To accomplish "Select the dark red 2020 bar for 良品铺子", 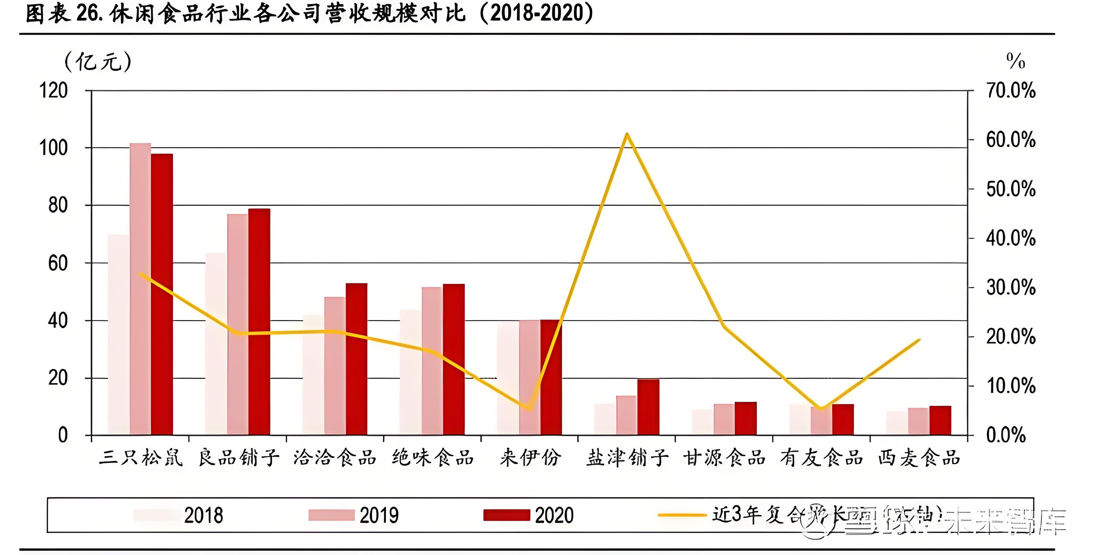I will coord(259,322).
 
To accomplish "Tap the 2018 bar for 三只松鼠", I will coord(118,335).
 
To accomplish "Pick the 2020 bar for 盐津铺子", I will coord(648,407).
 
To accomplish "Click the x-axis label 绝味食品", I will coord(433,458).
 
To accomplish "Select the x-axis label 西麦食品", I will coord(919,458).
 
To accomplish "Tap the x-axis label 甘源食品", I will coord(724,458).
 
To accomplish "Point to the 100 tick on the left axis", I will coord(53,148).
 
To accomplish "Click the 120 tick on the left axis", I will coord(53,90).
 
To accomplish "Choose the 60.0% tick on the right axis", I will coord(1010,140).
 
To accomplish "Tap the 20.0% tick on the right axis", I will coord(1010,337).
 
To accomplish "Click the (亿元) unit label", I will coord(98,61).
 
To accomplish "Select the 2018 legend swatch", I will coord(156,515).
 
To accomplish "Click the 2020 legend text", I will coord(554,515).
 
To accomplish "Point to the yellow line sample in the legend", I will coord(682,515).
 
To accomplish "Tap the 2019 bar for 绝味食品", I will coord(432,361).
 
